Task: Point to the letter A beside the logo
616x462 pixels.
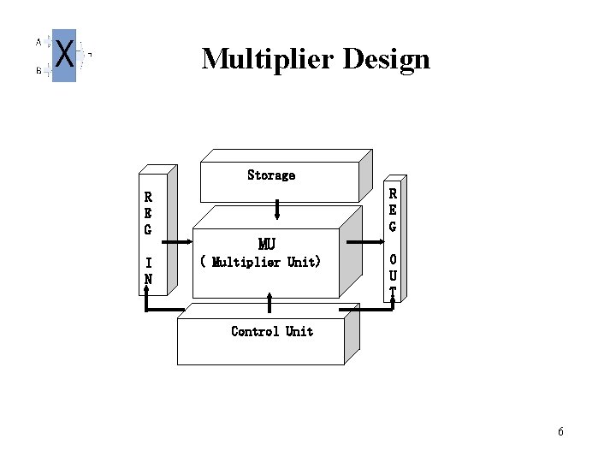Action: pos(38,40)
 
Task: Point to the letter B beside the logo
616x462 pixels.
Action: pos(38,72)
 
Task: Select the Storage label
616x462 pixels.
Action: pos(271,175)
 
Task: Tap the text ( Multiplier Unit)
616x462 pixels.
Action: pos(260,262)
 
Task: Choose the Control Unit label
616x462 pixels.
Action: pos(272,331)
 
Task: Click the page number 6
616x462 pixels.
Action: pos(560,431)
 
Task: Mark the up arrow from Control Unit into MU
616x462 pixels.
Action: pos(269,303)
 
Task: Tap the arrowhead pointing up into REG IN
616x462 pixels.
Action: pos(147,292)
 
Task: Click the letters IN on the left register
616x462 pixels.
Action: pos(149,270)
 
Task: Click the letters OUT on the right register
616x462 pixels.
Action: pos(393,275)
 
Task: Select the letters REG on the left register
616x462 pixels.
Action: pos(148,213)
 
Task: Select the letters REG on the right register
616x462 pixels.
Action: pos(393,209)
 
